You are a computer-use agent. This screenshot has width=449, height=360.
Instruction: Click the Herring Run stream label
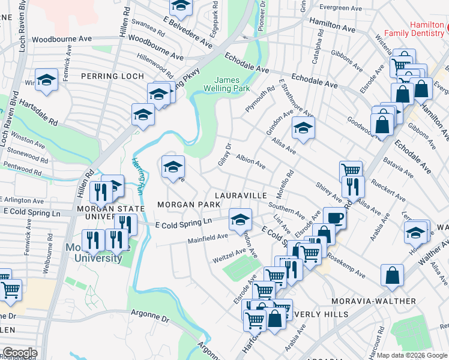tap(136, 174)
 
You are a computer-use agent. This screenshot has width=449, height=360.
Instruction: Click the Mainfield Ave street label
tap(208, 238)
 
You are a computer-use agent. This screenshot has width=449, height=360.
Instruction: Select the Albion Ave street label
tap(251, 161)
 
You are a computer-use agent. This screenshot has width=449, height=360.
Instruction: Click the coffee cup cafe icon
tap(334, 217)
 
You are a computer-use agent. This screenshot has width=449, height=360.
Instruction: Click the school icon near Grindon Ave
tap(303, 127)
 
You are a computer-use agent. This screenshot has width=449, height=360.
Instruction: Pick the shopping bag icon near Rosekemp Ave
tap(391, 275)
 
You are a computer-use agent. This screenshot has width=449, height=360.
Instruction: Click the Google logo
tap(20, 353)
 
